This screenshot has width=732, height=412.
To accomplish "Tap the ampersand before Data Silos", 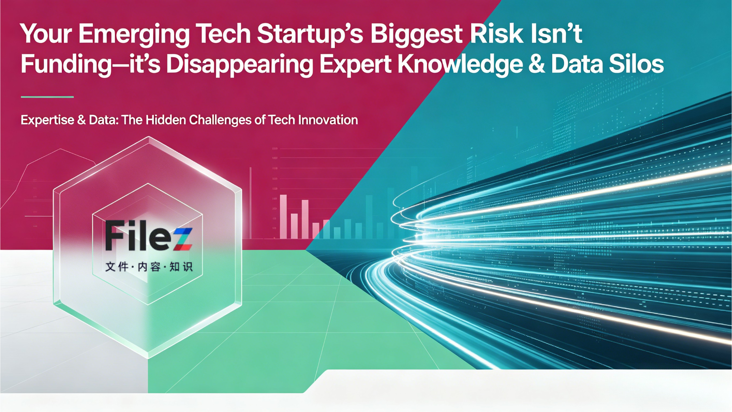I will [536, 64].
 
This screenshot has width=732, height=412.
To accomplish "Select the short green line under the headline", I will [47, 97].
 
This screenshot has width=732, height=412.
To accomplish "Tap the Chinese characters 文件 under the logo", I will [117, 266].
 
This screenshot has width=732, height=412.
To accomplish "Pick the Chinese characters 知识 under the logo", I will [181, 266].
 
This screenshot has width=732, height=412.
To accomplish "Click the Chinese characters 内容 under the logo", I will [149, 266].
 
